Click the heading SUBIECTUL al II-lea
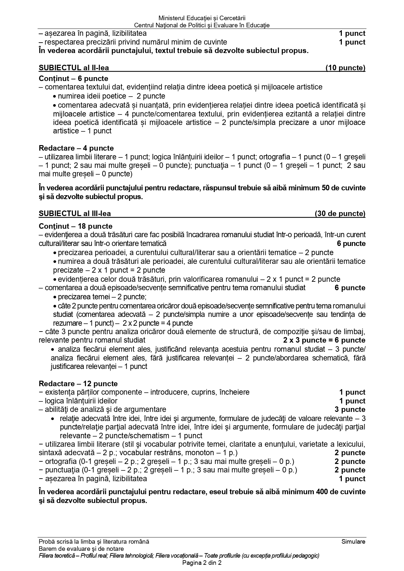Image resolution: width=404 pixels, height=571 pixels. [74, 68]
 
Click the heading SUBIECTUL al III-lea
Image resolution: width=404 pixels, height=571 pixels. [75, 214]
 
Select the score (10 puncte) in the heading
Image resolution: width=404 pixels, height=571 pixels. [345, 68]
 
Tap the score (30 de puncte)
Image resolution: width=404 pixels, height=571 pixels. [340, 214]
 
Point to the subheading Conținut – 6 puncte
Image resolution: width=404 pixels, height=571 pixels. [73, 79]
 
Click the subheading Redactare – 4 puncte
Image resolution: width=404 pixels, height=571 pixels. [76, 148]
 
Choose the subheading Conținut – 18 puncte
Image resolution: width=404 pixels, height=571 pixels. [76, 226]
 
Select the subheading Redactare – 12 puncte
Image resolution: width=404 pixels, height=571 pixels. [78, 384]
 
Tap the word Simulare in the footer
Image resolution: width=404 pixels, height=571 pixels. [353, 542]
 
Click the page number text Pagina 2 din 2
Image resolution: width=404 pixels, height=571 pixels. [202, 563]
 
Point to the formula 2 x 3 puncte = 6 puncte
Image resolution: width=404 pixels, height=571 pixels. [324, 340]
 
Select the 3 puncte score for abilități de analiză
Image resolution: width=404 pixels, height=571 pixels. [350, 410]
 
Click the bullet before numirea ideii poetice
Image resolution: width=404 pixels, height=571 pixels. [55, 97]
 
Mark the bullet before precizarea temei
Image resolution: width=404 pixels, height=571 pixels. [55, 297]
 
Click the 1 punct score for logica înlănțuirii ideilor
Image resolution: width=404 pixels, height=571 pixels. [352, 401]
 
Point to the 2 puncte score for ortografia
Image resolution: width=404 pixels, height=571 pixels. [350, 462]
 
